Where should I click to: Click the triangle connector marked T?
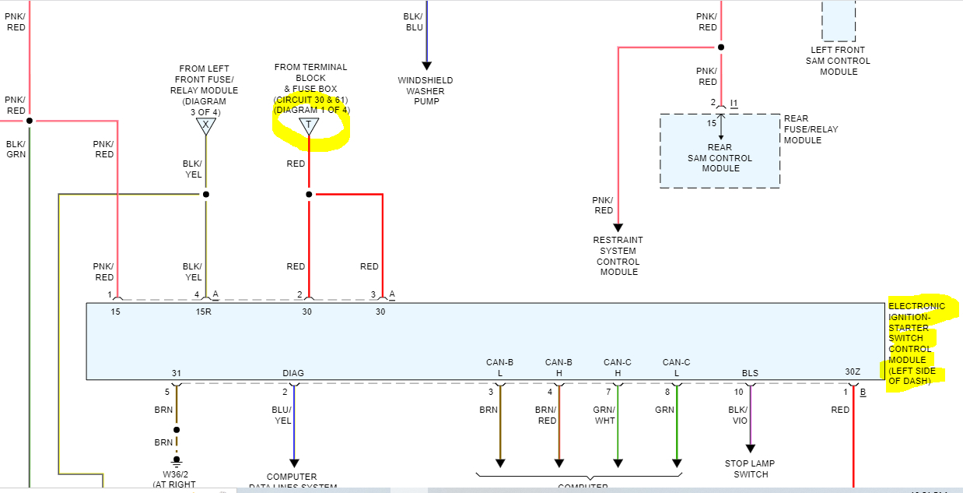[309, 126]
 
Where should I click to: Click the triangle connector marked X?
[205, 125]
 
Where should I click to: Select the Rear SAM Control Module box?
[720, 151]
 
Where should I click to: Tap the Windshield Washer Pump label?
[425, 91]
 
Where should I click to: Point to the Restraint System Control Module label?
[618, 256]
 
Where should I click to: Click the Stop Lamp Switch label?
[751, 469]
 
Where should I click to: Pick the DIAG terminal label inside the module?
[293, 373]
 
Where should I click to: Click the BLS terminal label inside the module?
[750, 373]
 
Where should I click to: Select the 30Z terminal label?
[853, 372]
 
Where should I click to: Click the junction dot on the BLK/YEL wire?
[205, 194]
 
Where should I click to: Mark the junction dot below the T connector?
[309, 194]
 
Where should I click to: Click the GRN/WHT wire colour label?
[605, 415]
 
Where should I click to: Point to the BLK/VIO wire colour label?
[739, 415]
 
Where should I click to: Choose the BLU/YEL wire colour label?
[282, 415]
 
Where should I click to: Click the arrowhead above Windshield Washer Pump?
[425, 65]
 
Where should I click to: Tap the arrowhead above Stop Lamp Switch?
[751, 449]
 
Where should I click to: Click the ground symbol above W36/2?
[177, 460]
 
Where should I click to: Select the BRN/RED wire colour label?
[546, 415]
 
